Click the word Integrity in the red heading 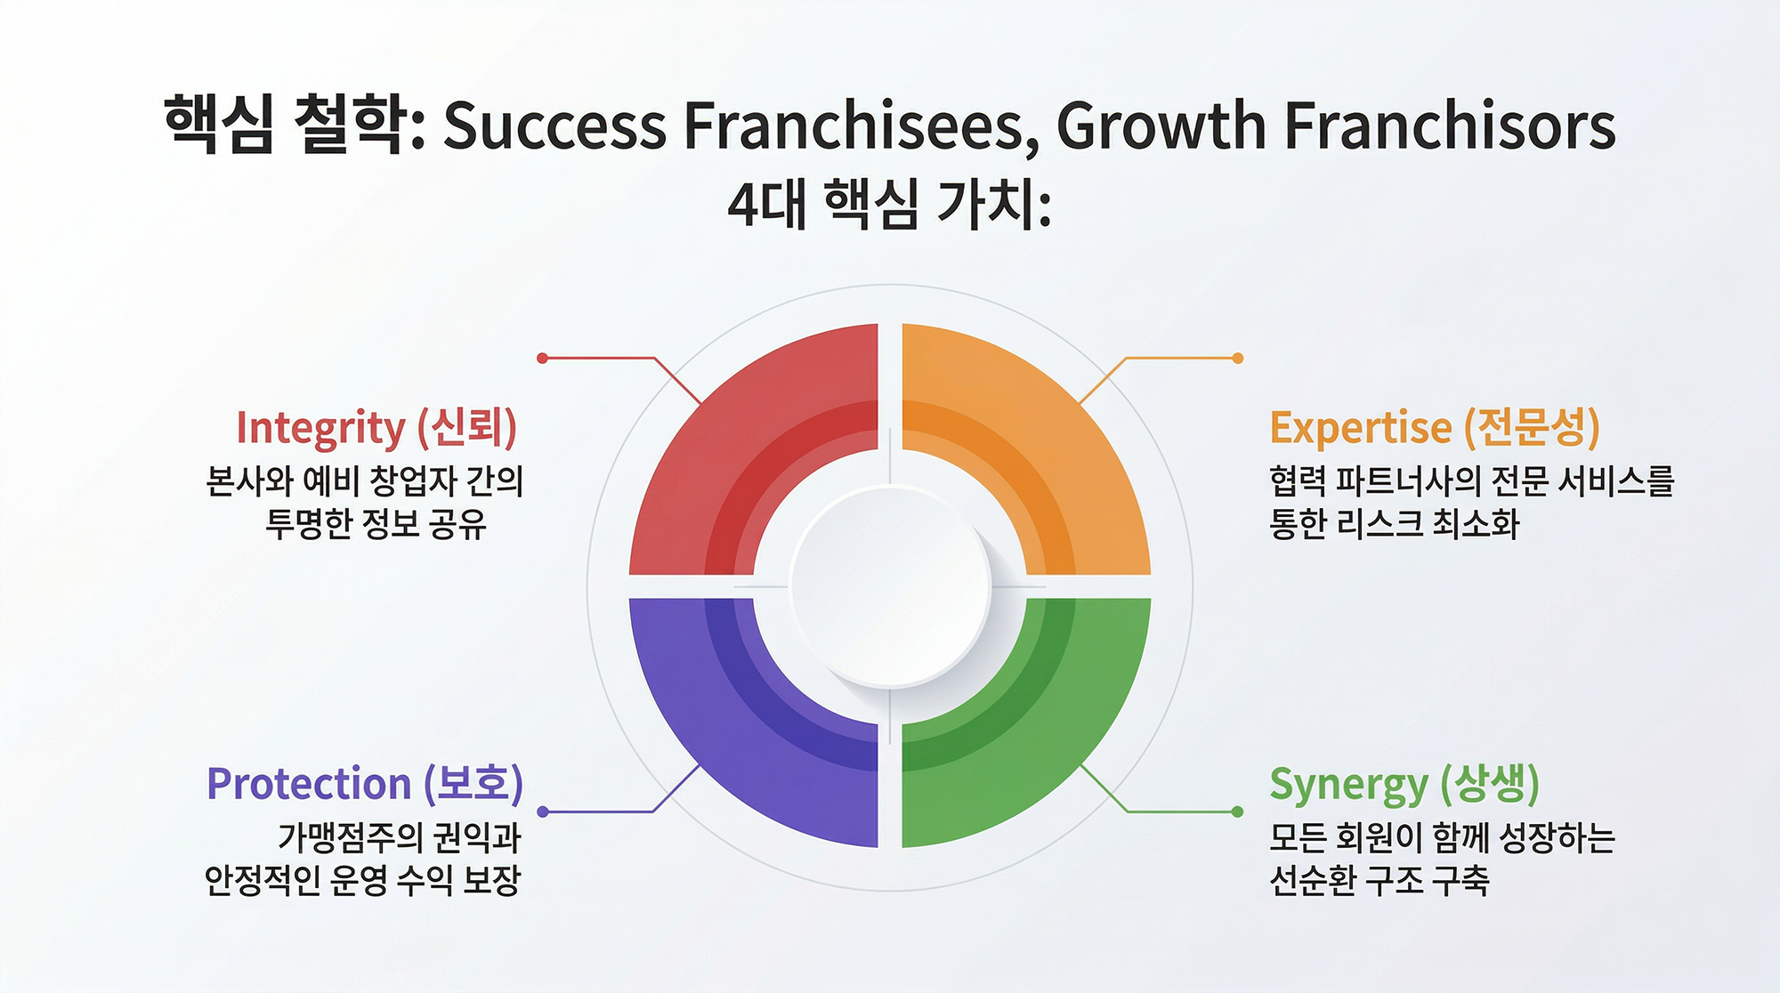tap(320, 429)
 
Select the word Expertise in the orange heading tap(1361, 429)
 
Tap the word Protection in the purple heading tap(309, 784)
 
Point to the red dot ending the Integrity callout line tap(542, 358)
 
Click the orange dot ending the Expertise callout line tap(1238, 358)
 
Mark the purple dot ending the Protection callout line tap(543, 811)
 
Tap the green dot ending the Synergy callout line tap(1237, 811)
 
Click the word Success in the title tap(554, 125)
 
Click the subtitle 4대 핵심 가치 tap(889, 205)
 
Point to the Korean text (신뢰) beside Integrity tap(467, 428)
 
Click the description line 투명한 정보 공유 tap(376, 524)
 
